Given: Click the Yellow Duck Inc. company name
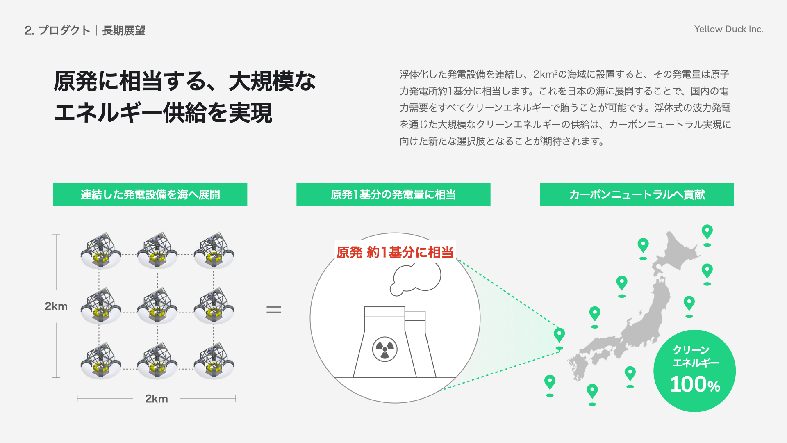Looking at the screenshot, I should (x=728, y=29).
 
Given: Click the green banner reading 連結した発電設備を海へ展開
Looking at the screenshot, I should (x=150, y=194).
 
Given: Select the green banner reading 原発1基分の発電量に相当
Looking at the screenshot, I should (x=393, y=194).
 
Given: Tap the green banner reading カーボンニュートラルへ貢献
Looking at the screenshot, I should (x=637, y=194).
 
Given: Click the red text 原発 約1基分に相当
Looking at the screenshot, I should (x=395, y=252).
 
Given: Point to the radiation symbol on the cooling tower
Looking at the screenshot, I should (x=384, y=349).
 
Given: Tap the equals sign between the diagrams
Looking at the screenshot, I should (x=274, y=310).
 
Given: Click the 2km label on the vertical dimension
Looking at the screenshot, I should (x=56, y=306).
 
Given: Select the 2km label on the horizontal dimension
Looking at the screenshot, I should (x=157, y=399).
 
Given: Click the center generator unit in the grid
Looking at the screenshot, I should (x=157, y=307).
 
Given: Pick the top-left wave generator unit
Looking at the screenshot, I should (x=101, y=251).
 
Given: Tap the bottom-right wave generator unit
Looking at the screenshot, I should (x=214, y=362).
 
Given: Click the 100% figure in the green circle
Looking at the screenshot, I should (x=695, y=385).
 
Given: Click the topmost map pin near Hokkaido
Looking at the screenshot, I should (x=707, y=232).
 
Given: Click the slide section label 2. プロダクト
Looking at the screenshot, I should (x=57, y=30).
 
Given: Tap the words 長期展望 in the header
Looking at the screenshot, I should (x=124, y=30).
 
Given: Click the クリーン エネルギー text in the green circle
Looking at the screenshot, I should (x=695, y=356).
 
